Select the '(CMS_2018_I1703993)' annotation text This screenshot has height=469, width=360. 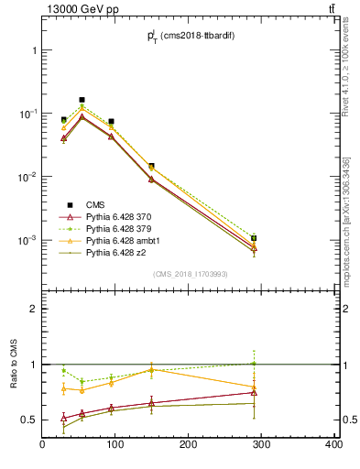click(191, 274)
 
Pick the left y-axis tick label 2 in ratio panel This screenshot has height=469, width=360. click(33, 309)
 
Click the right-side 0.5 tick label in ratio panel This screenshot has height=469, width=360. click(347, 420)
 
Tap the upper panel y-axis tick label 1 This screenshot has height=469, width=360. click(33, 50)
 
